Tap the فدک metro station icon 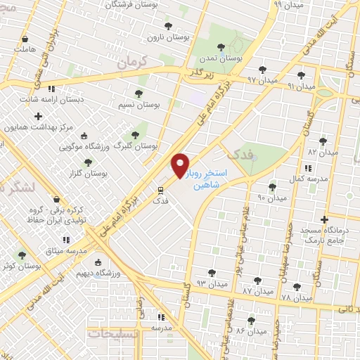coord(160,190)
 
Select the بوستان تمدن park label coord(220,59)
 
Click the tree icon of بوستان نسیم coord(137,93)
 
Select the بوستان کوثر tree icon coord(22,255)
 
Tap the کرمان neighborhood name coord(136,63)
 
